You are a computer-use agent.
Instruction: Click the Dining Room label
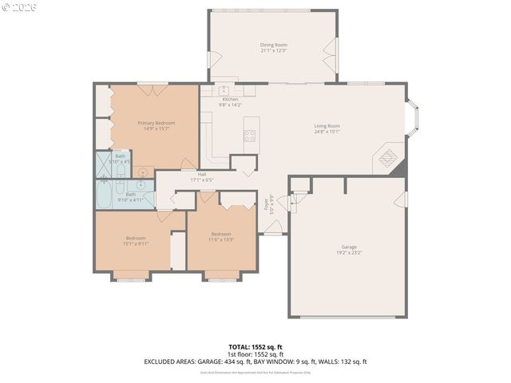(x=274, y=45)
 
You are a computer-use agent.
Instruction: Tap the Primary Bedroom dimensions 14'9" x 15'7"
(x=156, y=129)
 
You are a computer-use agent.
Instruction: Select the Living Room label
(x=327, y=125)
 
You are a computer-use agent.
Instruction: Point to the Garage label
(x=349, y=247)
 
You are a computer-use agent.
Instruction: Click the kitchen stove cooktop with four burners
(x=250, y=135)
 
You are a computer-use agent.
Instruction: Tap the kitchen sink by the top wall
(x=225, y=90)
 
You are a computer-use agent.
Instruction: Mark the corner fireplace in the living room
(x=392, y=158)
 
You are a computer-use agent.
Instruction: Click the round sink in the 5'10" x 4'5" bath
(x=144, y=172)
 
